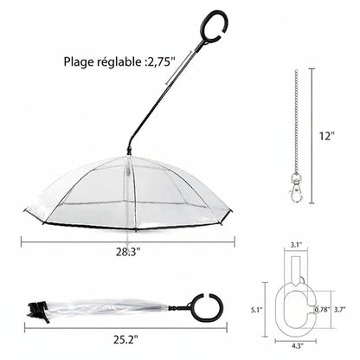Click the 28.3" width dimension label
128,252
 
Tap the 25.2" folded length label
125,340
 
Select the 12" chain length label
326,136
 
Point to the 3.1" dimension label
296,245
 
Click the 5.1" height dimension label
257,310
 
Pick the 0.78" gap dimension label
322,310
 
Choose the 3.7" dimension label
340,310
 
